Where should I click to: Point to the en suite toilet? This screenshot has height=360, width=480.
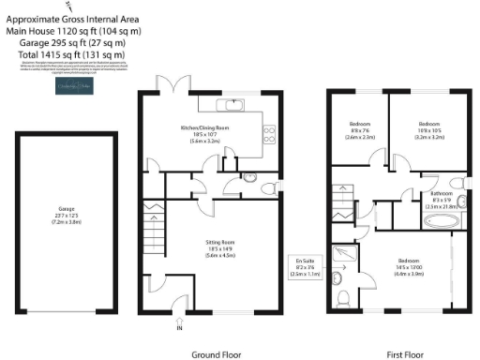coord(345,297)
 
